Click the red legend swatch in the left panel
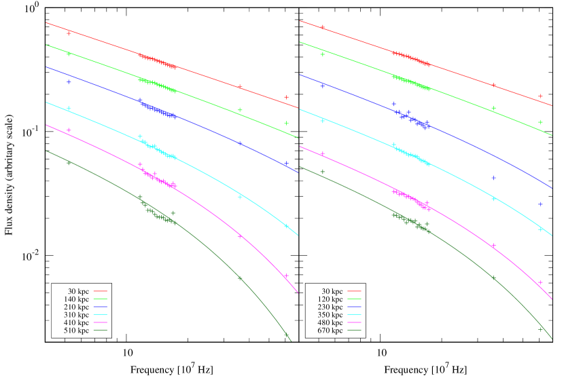click(100, 291)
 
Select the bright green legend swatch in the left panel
click(100, 299)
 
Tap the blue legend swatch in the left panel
click(100, 307)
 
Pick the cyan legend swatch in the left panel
click(100, 314)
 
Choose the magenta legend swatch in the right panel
click(354, 322)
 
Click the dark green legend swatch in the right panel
click(354, 330)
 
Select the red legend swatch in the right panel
click(354, 291)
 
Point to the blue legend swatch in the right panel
click(354, 307)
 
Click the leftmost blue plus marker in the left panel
click(69, 82)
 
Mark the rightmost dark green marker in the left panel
click(286, 333)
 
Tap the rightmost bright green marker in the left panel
click(286, 123)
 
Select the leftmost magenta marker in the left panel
click(69, 130)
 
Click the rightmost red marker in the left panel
click(286, 97)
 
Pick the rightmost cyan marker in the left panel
click(286, 226)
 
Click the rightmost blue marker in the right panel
click(541, 204)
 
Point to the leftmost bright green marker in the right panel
click(323, 54)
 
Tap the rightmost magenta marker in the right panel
click(541, 282)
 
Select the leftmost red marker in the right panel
click(323, 27)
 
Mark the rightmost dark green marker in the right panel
click(541, 329)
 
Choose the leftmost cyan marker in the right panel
click(323, 121)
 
